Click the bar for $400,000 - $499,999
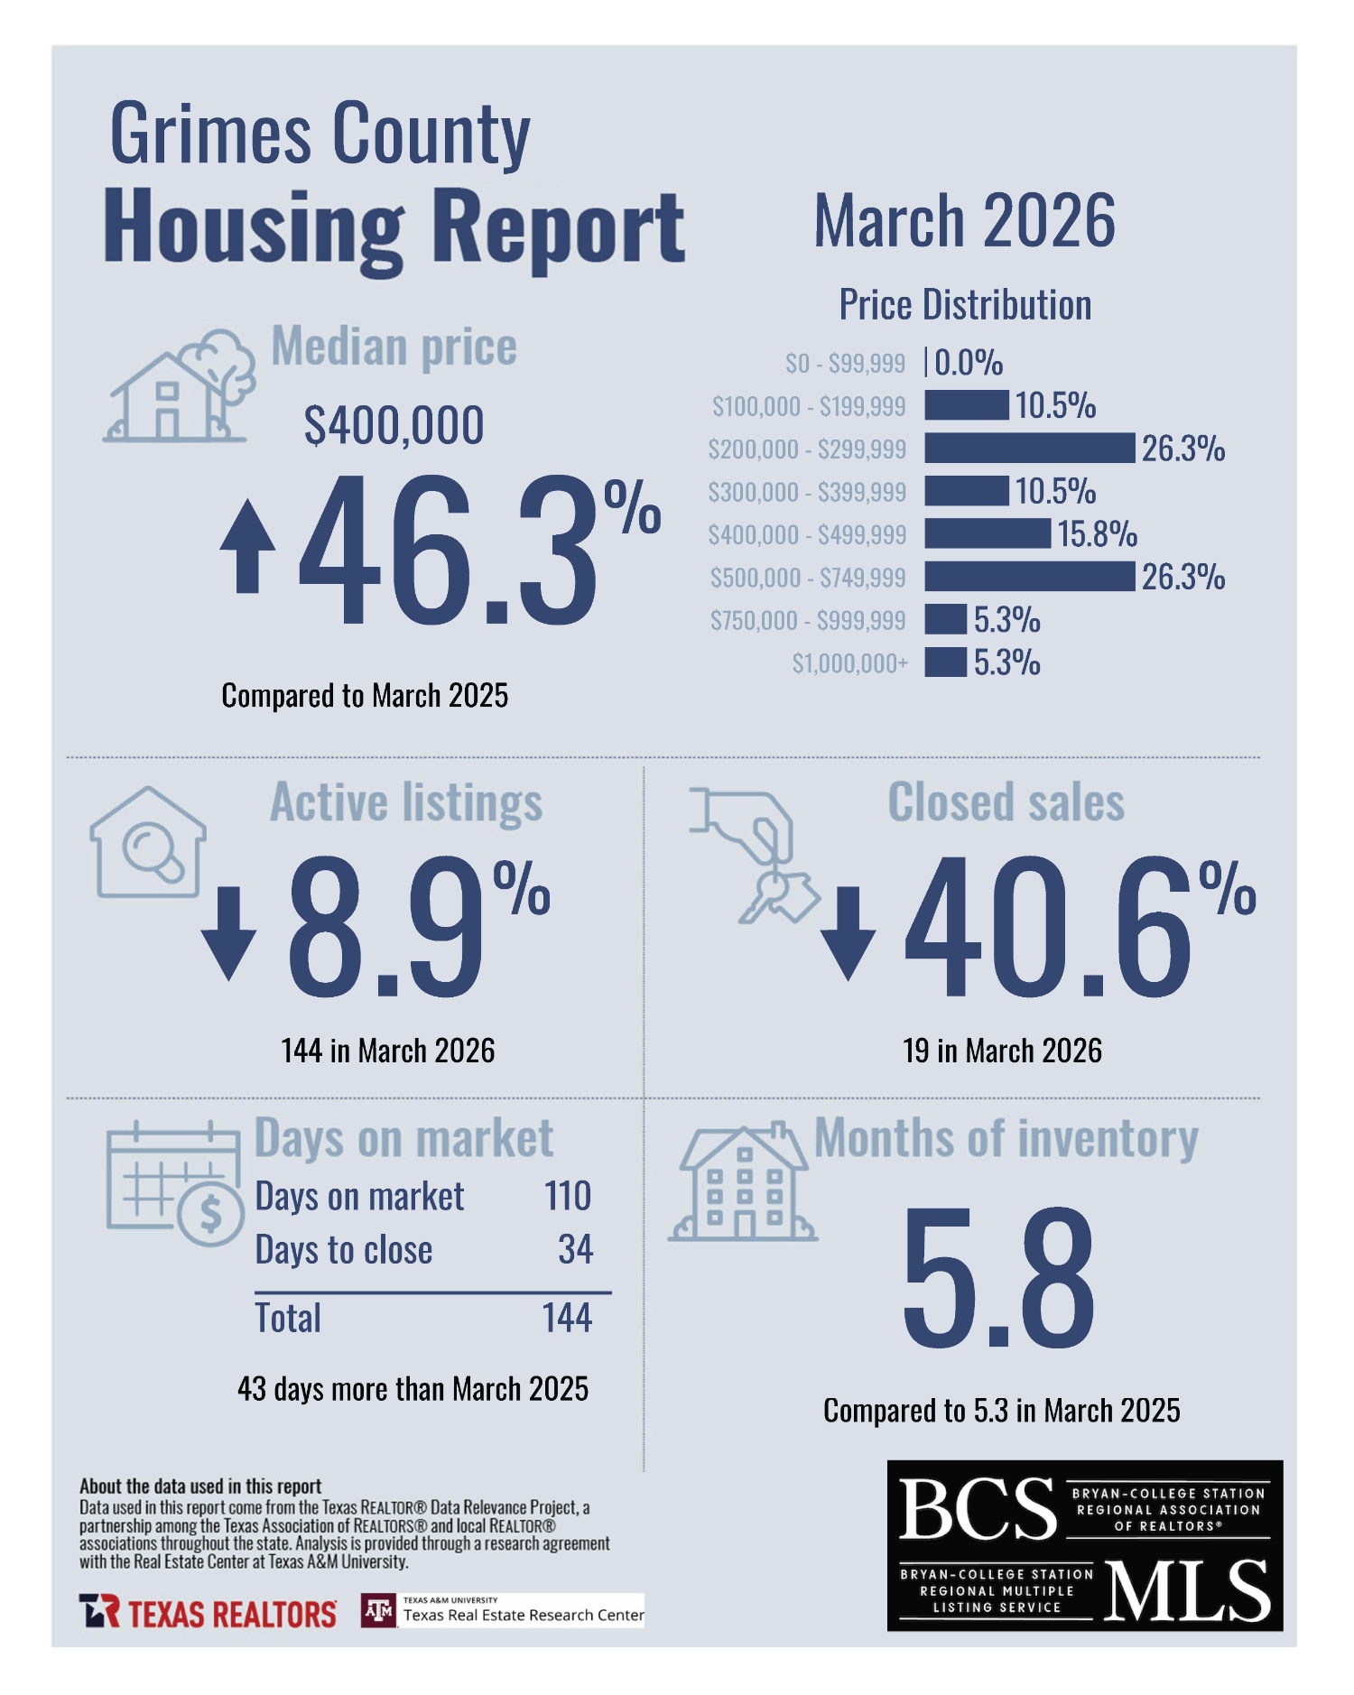988,533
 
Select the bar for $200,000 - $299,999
1029,448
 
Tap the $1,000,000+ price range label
849,663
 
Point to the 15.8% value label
1097,533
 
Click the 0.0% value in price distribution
969,363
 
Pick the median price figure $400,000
394,425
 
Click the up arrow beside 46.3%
247,547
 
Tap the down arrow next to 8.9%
228,932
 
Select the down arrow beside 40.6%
848,932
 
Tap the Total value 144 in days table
567,1318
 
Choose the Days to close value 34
575,1250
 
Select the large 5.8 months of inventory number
998,1277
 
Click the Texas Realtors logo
209,1612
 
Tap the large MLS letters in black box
1186,1590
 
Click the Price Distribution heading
965,305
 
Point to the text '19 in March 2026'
1002,1051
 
